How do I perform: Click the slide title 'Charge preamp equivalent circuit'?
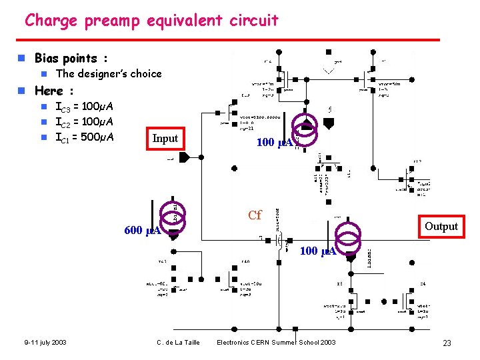click(x=151, y=21)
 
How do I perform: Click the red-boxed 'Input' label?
click(x=165, y=139)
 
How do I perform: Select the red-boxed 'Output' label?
click(x=441, y=227)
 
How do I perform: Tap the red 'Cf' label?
click(x=255, y=215)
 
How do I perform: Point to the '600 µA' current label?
click(x=142, y=231)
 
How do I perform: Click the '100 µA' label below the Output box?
click(x=317, y=251)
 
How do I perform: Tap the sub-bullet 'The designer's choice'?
click(x=109, y=73)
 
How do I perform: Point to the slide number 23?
click(x=447, y=343)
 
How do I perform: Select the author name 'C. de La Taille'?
click(x=177, y=343)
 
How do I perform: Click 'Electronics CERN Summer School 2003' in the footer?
click(x=276, y=343)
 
